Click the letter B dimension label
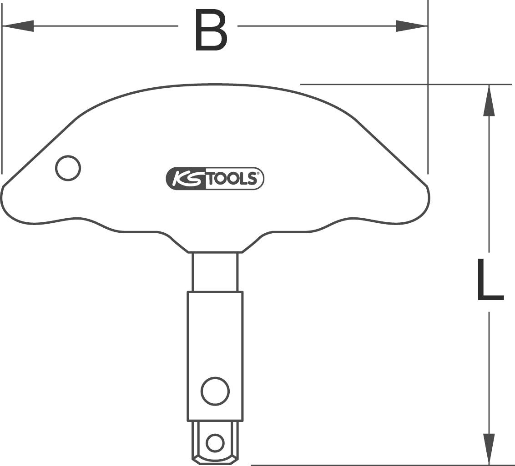pyautogui.click(x=210, y=30)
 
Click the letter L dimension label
pyautogui.click(x=490, y=280)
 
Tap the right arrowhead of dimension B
pyautogui.click(x=411, y=26)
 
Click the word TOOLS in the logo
pyautogui.click(x=233, y=178)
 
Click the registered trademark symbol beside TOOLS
pyautogui.click(x=257, y=174)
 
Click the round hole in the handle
pyautogui.click(x=68, y=168)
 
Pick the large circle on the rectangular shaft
pyautogui.click(x=215, y=391)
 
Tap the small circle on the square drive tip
pyautogui.click(x=215, y=442)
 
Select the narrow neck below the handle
pyautogui.click(x=215, y=271)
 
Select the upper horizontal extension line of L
pyautogui.click(x=387, y=84)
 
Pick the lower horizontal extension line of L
pyautogui.click(x=364, y=465)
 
